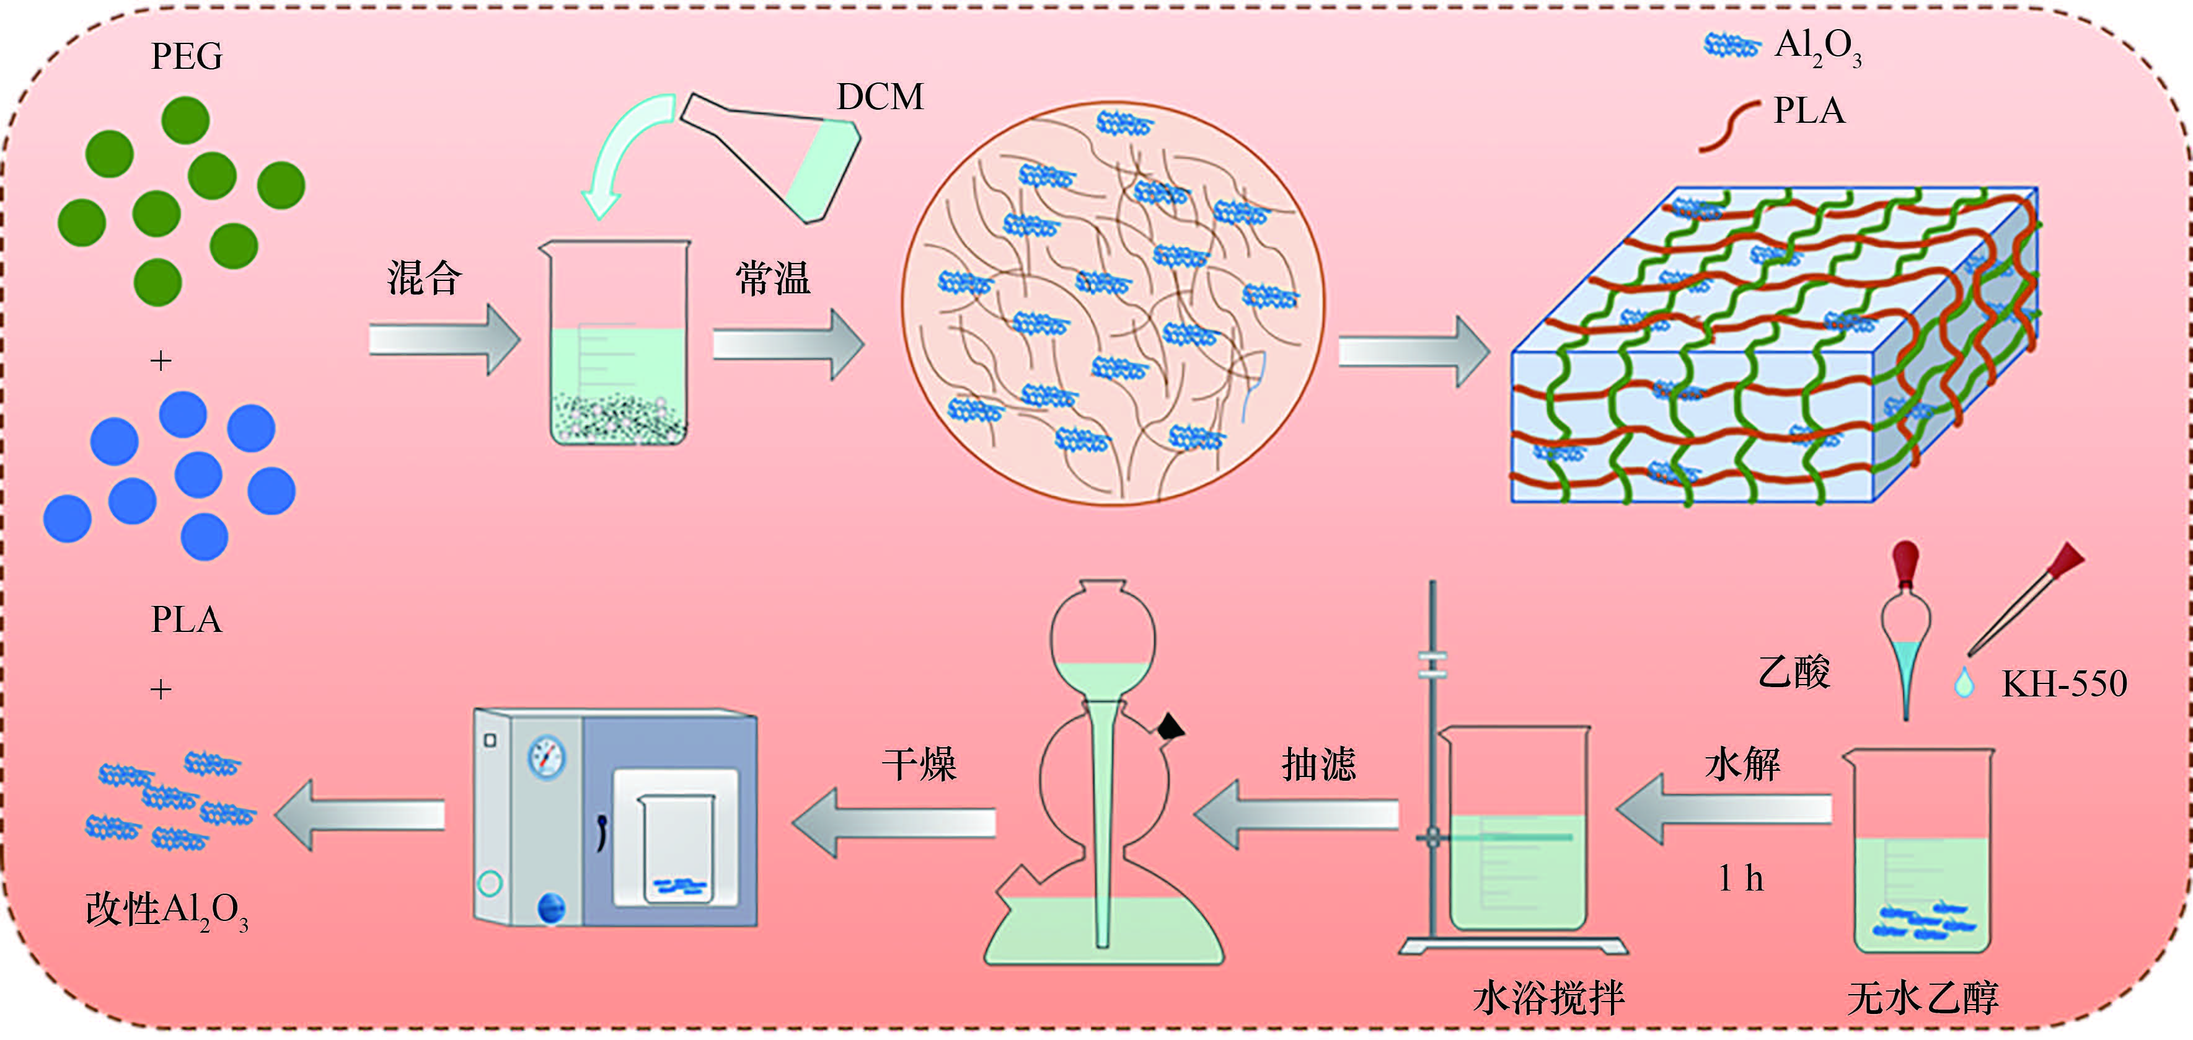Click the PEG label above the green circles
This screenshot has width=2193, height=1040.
coord(187,56)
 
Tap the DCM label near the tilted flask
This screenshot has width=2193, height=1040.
coord(880,97)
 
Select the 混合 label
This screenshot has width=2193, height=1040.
coord(424,278)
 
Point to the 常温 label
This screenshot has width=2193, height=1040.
coord(772,278)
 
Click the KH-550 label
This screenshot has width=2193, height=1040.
coord(2063,684)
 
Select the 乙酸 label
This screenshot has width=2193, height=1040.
coord(1794,673)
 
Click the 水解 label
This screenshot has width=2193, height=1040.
coord(1742,764)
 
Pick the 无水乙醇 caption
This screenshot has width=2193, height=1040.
coord(1922,997)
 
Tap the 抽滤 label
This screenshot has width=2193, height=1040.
coord(1318,764)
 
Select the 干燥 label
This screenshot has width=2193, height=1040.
coord(919,764)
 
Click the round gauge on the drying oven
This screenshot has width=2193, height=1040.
coord(547,757)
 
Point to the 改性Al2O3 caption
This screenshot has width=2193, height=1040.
coord(167,910)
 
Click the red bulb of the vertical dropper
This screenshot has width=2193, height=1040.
coord(1905,564)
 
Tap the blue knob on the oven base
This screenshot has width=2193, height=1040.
coord(551,908)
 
